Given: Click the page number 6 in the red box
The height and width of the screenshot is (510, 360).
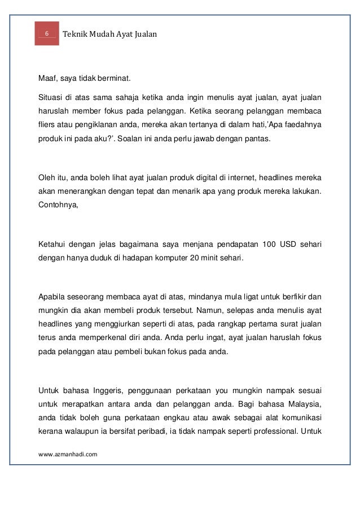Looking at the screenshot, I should click(47, 34).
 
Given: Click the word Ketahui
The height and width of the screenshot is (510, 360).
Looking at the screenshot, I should click(52, 244).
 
